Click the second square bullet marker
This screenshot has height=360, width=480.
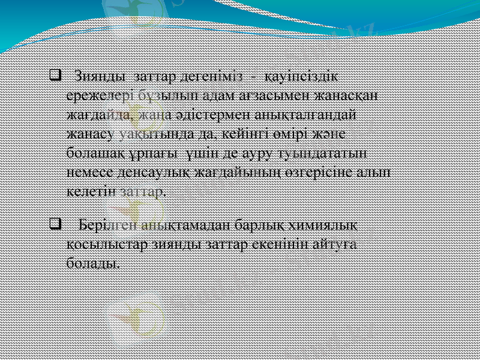[54, 225]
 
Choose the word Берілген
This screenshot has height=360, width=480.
[107, 225]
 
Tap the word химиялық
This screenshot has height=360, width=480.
[325, 225]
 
